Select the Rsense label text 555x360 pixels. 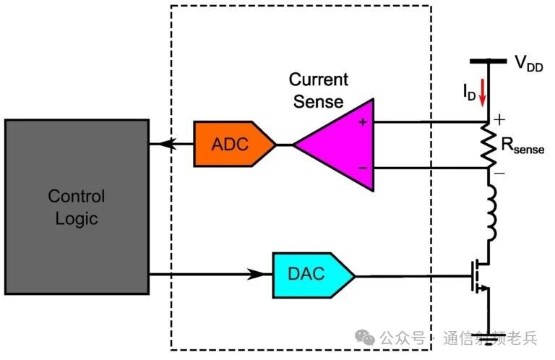click(522, 149)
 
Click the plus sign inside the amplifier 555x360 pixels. click(362, 121)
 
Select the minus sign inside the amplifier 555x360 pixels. click(362, 168)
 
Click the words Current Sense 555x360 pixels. click(318, 90)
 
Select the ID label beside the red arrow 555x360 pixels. click(470, 92)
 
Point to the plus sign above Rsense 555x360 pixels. click(499, 118)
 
